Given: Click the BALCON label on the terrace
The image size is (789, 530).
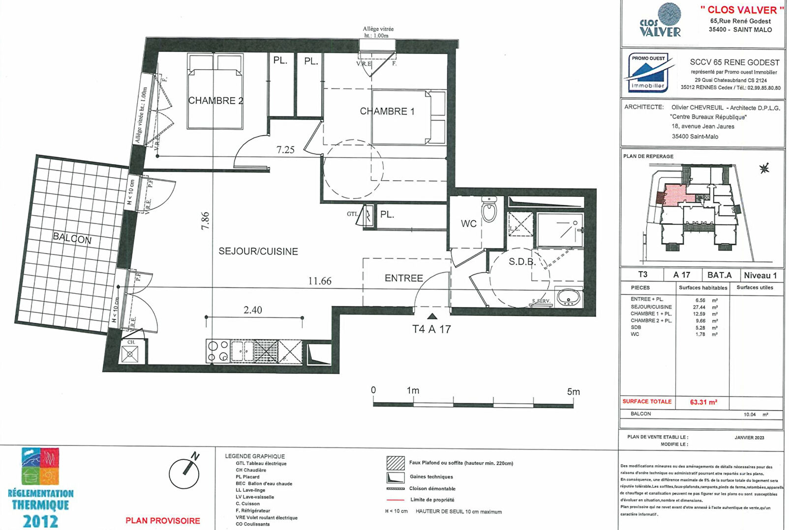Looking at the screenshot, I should pyautogui.click(x=72, y=238).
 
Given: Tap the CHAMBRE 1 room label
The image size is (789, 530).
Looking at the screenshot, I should pyautogui.click(x=387, y=112).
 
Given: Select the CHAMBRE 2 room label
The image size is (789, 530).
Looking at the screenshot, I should pyautogui.click(x=215, y=101).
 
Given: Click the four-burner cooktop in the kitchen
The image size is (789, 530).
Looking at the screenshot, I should pyautogui.click(x=218, y=351).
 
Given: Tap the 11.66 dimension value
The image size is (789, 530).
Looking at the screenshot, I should pyautogui.click(x=320, y=281).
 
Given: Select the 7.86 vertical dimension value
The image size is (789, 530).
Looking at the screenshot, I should pyautogui.click(x=205, y=221).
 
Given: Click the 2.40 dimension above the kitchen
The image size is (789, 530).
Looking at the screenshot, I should pyautogui.click(x=252, y=310).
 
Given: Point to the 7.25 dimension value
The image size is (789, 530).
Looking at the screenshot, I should pyautogui.click(x=285, y=150).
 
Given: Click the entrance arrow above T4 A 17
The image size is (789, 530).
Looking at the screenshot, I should pyautogui.click(x=432, y=316).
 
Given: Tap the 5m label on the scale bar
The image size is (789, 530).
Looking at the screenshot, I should pyautogui.click(x=573, y=391).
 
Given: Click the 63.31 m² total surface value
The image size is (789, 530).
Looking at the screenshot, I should pyautogui.click(x=703, y=402).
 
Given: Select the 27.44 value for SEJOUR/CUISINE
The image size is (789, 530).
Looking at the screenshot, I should pyautogui.click(x=699, y=307).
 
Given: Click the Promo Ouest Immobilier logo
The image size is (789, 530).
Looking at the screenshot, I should pyautogui.click(x=648, y=73).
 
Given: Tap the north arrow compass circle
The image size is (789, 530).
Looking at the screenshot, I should pyautogui.click(x=184, y=473).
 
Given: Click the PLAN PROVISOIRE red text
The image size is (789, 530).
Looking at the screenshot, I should pyautogui.click(x=163, y=521).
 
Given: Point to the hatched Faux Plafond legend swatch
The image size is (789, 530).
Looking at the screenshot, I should pyautogui.click(x=395, y=463).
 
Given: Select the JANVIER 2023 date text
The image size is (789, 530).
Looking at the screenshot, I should pyautogui.click(x=749, y=437).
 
